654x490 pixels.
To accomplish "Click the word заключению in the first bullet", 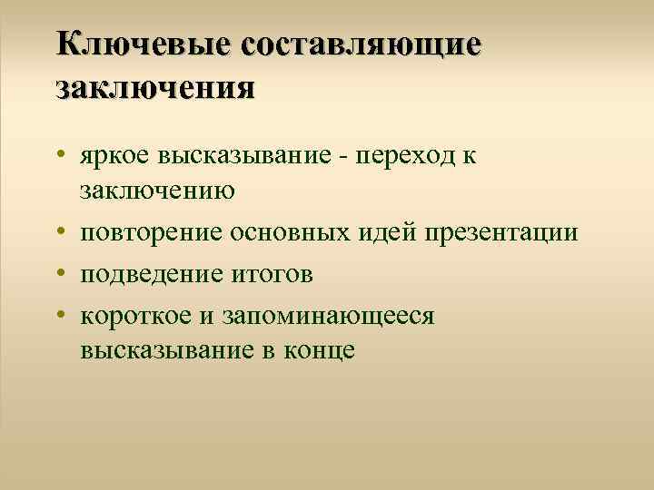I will tap(158, 191).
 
